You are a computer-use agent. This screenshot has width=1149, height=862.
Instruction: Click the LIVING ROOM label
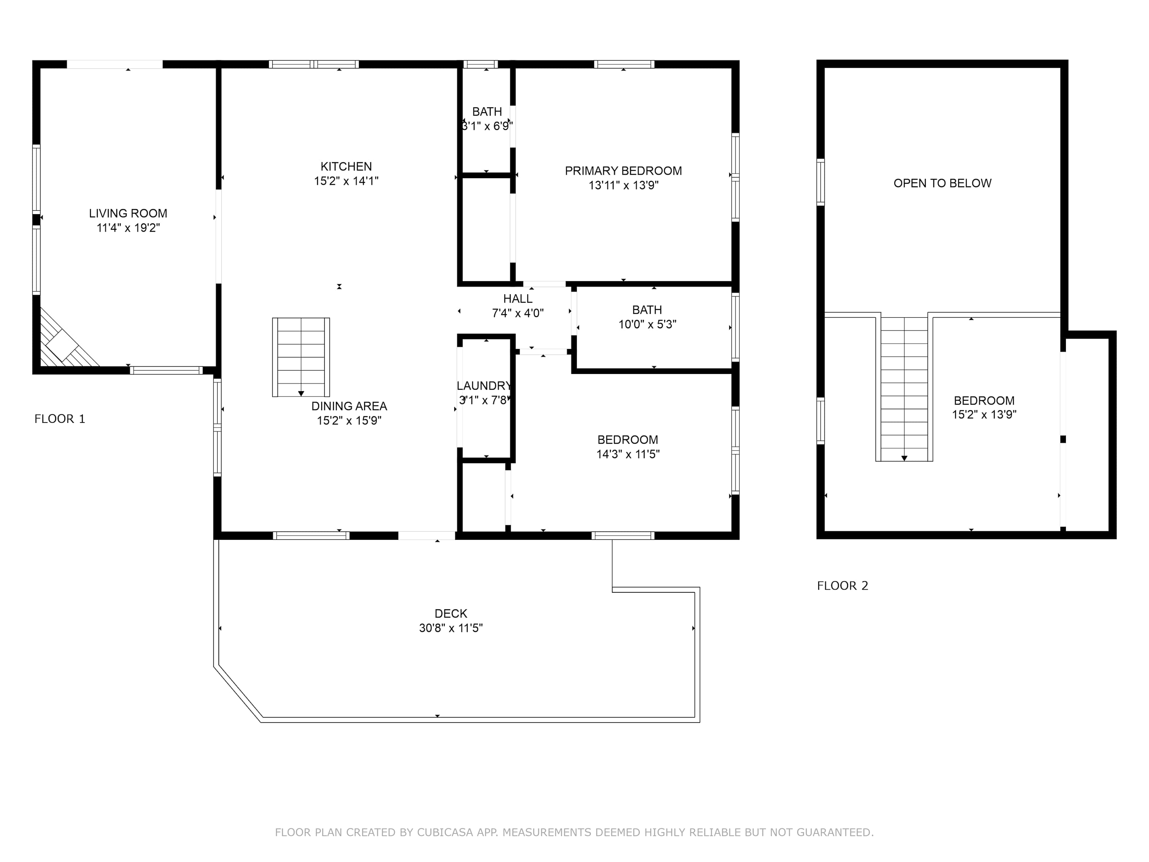pyautogui.click(x=128, y=213)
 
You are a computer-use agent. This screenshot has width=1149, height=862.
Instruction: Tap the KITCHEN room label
pyautogui.click(x=346, y=166)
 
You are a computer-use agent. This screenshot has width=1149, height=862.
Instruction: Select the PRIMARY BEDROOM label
pyautogui.click(x=623, y=170)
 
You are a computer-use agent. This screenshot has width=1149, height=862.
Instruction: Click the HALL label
pyautogui.click(x=518, y=299)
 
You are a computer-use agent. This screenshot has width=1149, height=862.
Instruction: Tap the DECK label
pyautogui.click(x=451, y=614)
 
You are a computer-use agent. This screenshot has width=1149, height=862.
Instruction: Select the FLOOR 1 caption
pyautogui.click(x=60, y=419)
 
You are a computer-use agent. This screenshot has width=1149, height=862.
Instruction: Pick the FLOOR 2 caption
pyautogui.click(x=843, y=585)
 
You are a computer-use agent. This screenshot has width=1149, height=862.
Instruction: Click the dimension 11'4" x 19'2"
pyautogui.click(x=128, y=228)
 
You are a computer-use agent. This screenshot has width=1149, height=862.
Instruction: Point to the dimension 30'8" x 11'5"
pyautogui.click(x=451, y=628)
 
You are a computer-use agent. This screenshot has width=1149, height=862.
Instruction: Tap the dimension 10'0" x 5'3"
pyautogui.click(x=647, y=324)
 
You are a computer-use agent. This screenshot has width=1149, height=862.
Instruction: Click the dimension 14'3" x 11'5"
pyautogui.click(x=628, y=454)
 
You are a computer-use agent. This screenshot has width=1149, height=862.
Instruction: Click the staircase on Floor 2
pyautogui.click(x=904, y=388)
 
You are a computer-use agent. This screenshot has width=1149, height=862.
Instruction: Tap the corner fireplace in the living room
pyautogui.click(x=65, y=340)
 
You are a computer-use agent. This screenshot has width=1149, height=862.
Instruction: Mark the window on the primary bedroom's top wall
pyautogui.click(x=624, y=64)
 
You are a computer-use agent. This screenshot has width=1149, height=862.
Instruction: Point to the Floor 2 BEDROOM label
pyautogui.click(x=984, y=401)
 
